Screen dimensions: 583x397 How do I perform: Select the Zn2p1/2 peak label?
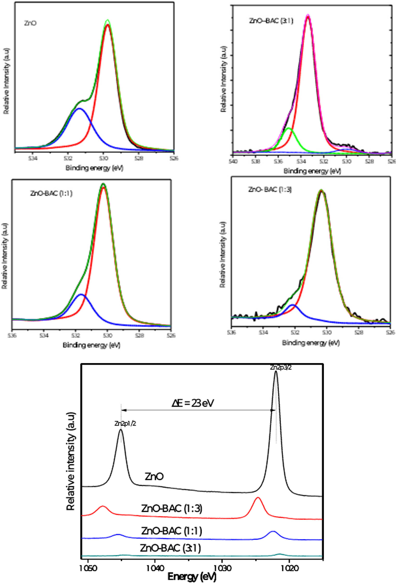(x=125, y=424)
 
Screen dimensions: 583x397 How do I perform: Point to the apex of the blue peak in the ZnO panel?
(x=79, y=109)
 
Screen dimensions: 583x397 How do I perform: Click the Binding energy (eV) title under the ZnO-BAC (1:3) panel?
(x=311, y=343)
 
